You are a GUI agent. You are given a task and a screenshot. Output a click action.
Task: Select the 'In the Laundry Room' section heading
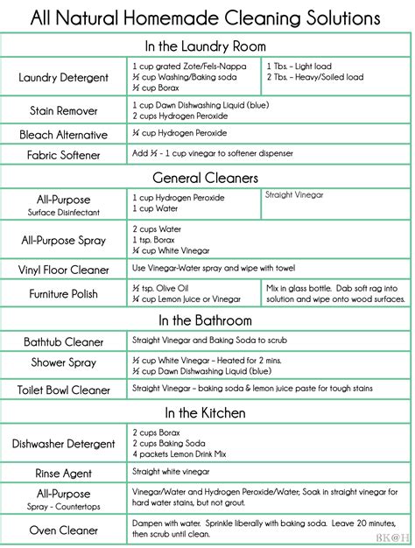pos(207,46)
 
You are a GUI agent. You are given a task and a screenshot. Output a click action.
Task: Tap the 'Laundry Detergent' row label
pos(64,77)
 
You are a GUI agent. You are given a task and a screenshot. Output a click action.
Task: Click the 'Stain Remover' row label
pos(64,110)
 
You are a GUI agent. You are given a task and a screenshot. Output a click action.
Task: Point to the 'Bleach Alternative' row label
pos(64,135)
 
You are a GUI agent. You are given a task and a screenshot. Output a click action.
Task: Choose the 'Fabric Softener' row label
pos(64,156)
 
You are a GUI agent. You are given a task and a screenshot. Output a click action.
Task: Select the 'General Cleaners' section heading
pos(207,178)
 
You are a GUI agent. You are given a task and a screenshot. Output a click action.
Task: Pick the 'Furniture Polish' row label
pos(64,293)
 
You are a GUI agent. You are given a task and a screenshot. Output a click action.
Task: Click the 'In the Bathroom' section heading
pos(207,320)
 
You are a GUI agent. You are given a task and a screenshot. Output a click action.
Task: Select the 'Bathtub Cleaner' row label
pos(64,341)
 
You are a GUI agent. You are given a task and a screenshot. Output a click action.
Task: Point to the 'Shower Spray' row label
pos(64,362)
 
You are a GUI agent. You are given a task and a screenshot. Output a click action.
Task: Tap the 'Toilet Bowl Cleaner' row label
pos(64,390)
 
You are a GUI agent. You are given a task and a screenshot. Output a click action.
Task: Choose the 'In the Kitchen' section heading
pos(207,412)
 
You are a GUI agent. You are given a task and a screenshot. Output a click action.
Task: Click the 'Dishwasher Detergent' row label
pos(64,444)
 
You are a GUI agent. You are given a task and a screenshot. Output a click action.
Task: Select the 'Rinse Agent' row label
pos(64,473)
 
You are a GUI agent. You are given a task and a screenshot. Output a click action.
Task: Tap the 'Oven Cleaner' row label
pos(64,529)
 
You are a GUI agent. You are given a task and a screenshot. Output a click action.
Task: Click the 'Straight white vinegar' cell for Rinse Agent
pos(172,471)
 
